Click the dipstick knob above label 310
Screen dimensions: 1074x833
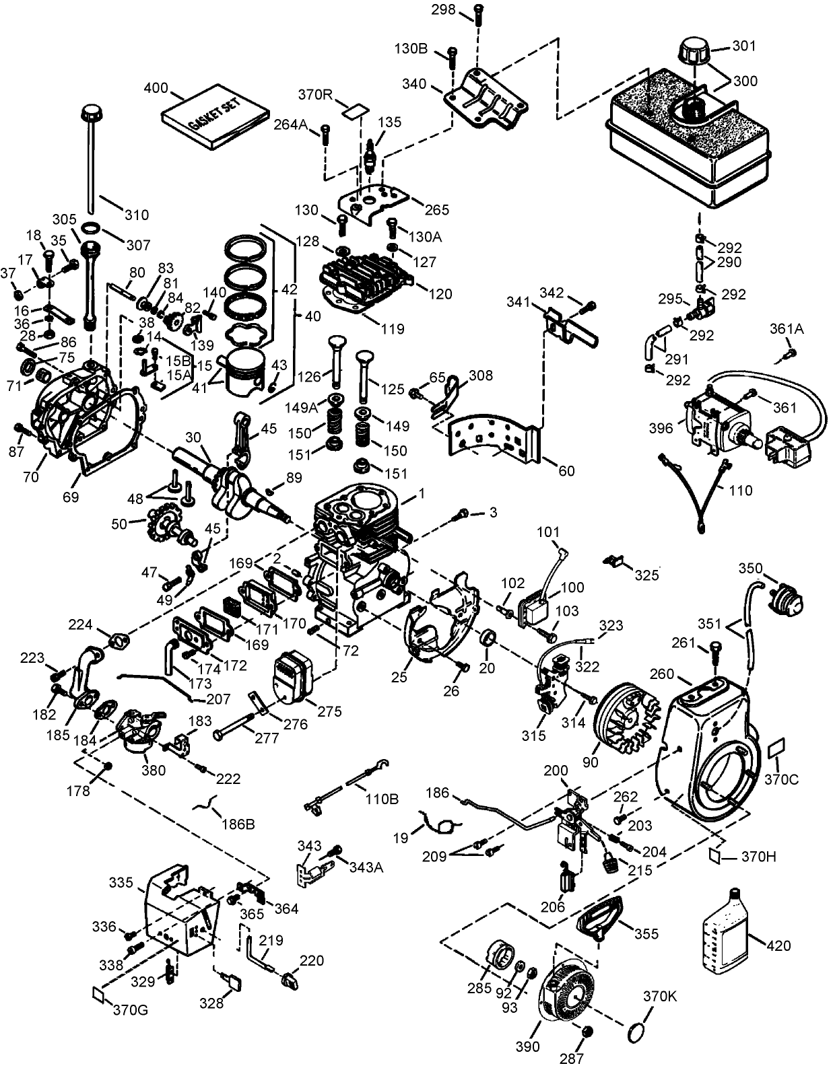[x=92, y=112]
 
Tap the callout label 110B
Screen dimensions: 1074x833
[x=381, y=799]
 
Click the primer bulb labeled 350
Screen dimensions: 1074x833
[x=783, y=598]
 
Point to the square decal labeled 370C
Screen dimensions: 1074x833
[x=776, y=748]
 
